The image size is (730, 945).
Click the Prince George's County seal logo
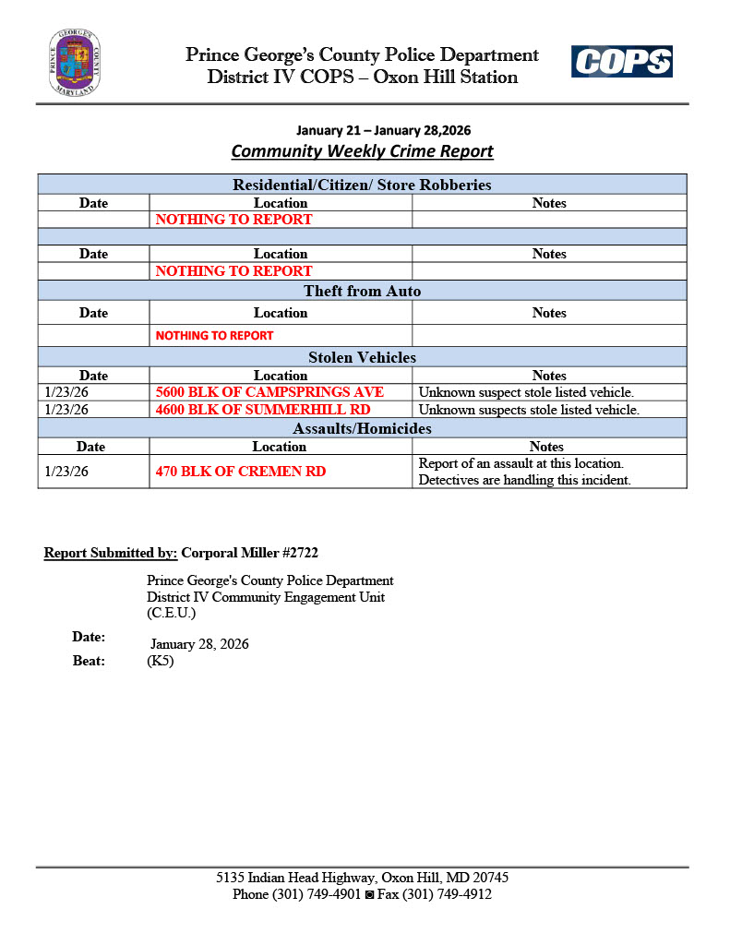point(75,62)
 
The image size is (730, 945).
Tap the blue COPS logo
point(621,62)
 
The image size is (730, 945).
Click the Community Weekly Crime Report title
point(362,151)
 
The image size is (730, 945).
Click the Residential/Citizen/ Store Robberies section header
point(362,185)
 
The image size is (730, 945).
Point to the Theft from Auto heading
point(362,292)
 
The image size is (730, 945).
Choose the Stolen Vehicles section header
point(362,357)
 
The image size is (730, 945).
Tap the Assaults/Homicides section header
point(362,428)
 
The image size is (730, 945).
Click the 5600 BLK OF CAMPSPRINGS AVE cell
point(269,392)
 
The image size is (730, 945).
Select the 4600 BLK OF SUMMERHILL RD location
point(263,410)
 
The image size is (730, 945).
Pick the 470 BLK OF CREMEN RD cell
point(241,472)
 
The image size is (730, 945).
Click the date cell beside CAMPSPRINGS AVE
point(66,392)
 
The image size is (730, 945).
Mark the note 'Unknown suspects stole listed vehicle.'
point(529,410)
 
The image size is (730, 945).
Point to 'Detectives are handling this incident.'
point(524,480)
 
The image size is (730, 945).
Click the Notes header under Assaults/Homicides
point(547,447)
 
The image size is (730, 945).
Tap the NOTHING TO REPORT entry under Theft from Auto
point(214,336)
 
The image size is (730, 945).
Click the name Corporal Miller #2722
point(250,553)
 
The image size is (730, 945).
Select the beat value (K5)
point(160,661)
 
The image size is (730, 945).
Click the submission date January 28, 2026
point(199,644)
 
